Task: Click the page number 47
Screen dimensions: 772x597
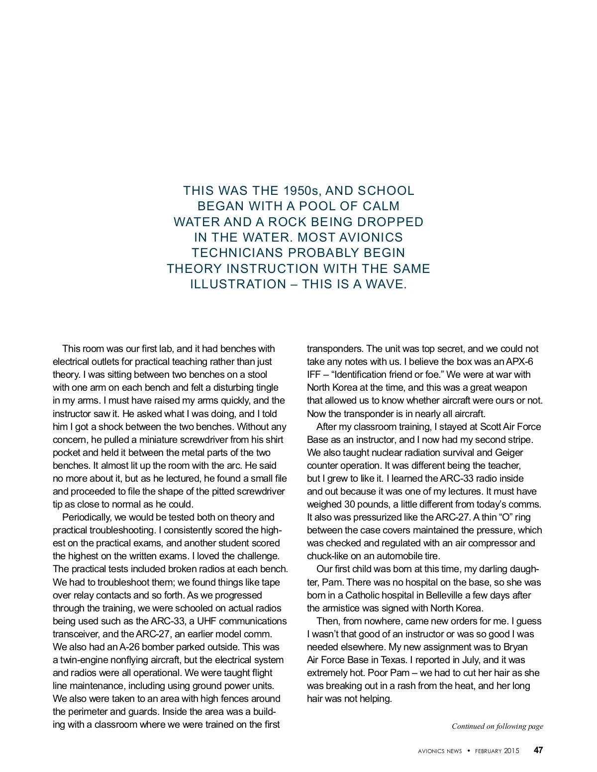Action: click(538, 751)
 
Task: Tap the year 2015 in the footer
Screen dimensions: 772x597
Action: click(511, 751)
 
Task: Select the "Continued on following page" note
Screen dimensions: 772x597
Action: click(497, 726)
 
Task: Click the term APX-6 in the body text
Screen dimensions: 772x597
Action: click(519, 362)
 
